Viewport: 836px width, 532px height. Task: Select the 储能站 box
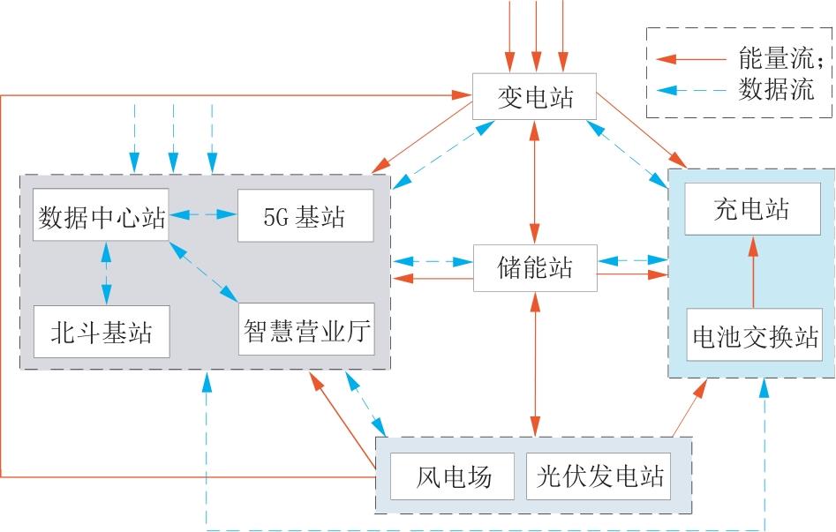coord(535,266)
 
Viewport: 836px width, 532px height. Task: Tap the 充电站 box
coord(752,210)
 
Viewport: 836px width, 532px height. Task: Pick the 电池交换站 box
coord(754,336)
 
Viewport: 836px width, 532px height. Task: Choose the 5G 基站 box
coord(305,216)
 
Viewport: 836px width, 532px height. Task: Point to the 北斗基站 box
coord(102,332)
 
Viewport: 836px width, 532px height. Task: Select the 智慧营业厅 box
coord(305,332)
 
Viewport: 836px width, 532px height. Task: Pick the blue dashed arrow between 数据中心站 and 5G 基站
coord(202,214)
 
